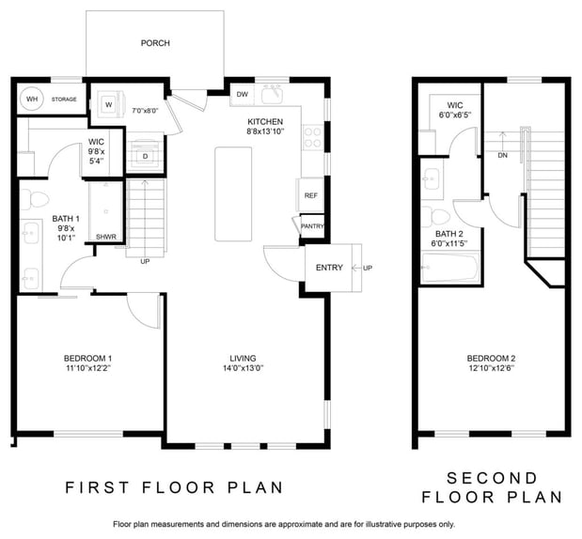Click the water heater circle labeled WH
point(32,99)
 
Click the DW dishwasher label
point(243,94)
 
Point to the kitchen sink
point(273,94)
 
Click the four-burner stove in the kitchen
point(312,137)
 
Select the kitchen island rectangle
point(233,193)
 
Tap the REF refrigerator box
point(310,195)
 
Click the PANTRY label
point(312,225)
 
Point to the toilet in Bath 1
point(34,199)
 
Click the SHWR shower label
point(106,237)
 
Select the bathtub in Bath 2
point(449,267)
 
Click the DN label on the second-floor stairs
point(503,155)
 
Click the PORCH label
point(155,43)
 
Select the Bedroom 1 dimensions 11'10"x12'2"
point(88,368)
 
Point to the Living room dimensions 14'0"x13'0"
point(243,368)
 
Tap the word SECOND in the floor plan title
point(492,478)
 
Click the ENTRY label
point(329,268)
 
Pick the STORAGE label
point(64,99)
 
